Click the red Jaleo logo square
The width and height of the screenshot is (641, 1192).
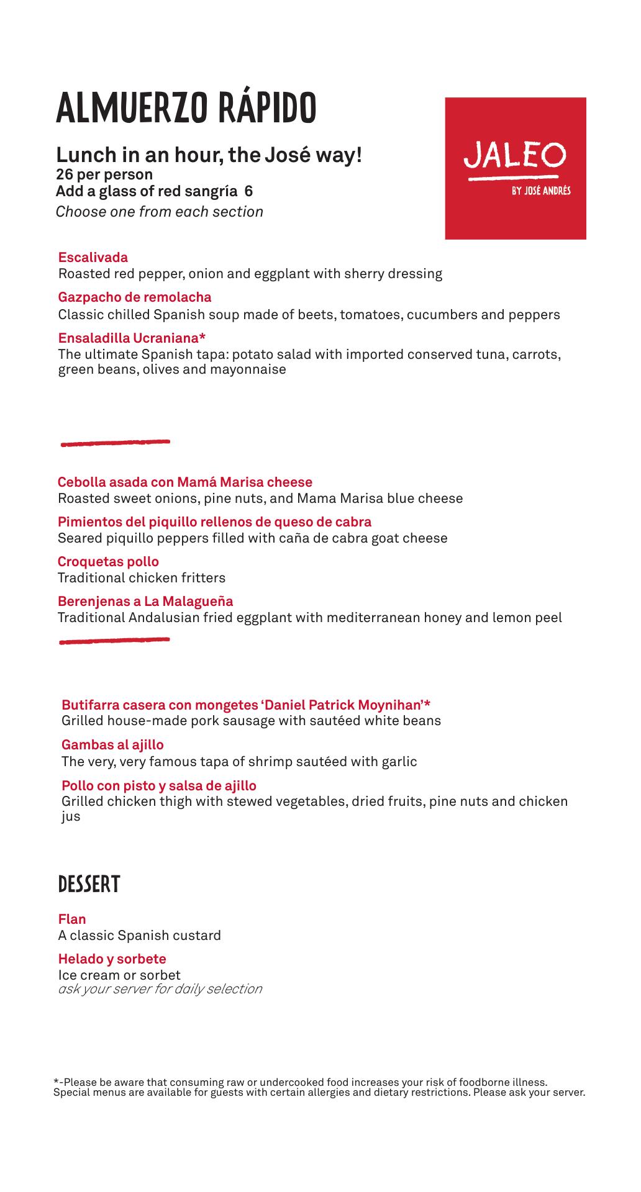[515, 168]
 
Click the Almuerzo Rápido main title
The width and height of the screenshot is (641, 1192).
[186, 108]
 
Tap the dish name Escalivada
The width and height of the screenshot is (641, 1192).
[93, 258]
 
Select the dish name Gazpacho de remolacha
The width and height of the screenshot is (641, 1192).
[135, 297]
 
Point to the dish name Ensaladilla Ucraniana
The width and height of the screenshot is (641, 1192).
[132, 338]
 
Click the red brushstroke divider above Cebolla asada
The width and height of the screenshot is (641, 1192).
[115, 443]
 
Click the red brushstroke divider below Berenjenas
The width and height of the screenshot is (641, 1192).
[114, 640]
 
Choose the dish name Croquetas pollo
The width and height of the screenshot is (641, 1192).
[108, 562]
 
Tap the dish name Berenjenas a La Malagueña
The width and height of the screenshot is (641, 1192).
[145, 602]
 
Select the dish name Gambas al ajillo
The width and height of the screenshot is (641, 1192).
[112, 745]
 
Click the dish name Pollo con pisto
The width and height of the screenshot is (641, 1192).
[159, 786]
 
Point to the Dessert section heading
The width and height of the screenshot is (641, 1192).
[88, 885]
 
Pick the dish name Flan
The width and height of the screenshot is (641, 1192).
[72, 919]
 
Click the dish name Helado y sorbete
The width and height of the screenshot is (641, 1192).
[112, 959]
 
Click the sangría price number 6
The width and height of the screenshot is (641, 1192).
[248, 191]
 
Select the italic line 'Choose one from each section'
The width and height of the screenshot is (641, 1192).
[160, 212]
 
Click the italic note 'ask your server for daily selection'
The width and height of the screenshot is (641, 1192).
[160, 989]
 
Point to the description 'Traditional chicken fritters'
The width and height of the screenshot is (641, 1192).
[142, 578]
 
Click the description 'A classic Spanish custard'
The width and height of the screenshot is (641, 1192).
[140, 936]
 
